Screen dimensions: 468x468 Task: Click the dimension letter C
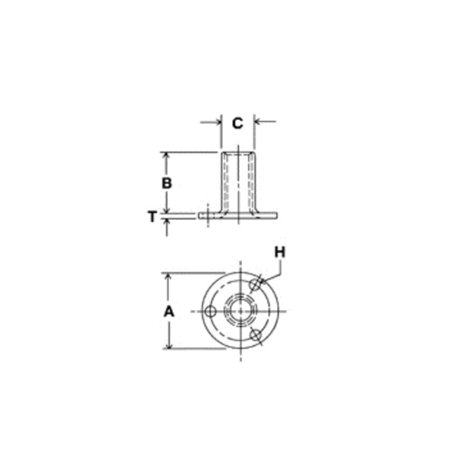point(238,123)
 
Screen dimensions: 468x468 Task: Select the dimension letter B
point(167,183)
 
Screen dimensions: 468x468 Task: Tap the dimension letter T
point(152,216)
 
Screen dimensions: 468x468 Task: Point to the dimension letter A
point(169,312)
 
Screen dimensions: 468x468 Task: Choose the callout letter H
point(280,253)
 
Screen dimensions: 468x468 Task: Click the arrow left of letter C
point(211,122)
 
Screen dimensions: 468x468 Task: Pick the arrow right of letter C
point(265,122)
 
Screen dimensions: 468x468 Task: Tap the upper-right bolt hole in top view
point(255,284)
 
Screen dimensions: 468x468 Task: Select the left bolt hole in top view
point(211,312)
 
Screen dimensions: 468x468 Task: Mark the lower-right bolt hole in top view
point(256,335)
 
